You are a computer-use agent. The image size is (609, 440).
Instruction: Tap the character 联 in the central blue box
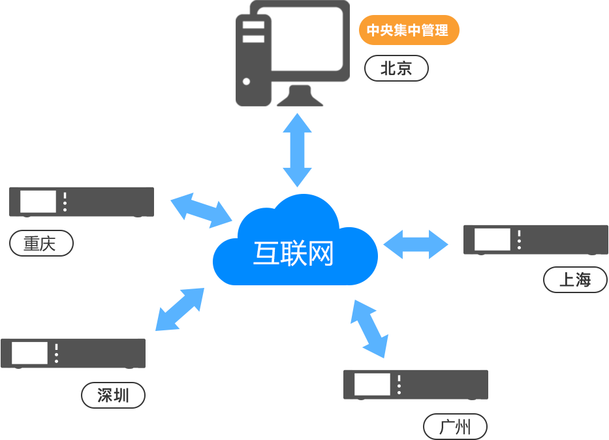pos(292,253)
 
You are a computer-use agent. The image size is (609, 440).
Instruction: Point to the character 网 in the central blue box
pos(321,253)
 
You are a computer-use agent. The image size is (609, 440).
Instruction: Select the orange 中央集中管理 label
pos(409,30)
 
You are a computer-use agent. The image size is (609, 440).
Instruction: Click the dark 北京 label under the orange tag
pos(396,68)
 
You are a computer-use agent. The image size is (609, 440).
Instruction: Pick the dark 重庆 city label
pos(41,243)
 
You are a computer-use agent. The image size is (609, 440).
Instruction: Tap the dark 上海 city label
pos(575,279)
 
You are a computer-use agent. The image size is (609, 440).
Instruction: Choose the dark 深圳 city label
pos(114,395)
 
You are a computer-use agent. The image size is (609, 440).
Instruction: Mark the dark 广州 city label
pos(455,426)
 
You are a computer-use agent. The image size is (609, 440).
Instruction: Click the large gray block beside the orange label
pos(292,55)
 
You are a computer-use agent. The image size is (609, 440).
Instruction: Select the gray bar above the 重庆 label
pos(82,202)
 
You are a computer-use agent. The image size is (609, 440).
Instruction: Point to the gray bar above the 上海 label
pos(535,240)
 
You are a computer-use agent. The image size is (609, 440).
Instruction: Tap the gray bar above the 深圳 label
pos(73,353)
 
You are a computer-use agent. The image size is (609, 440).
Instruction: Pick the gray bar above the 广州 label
pos(415,385)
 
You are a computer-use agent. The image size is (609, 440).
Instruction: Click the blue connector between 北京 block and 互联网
pos(297,150)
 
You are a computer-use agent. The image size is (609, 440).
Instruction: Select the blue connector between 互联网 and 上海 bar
pos(416,244)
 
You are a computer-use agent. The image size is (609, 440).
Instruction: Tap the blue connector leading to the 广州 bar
pos(369,328)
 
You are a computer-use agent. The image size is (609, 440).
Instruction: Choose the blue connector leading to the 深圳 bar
pos(180,309)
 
